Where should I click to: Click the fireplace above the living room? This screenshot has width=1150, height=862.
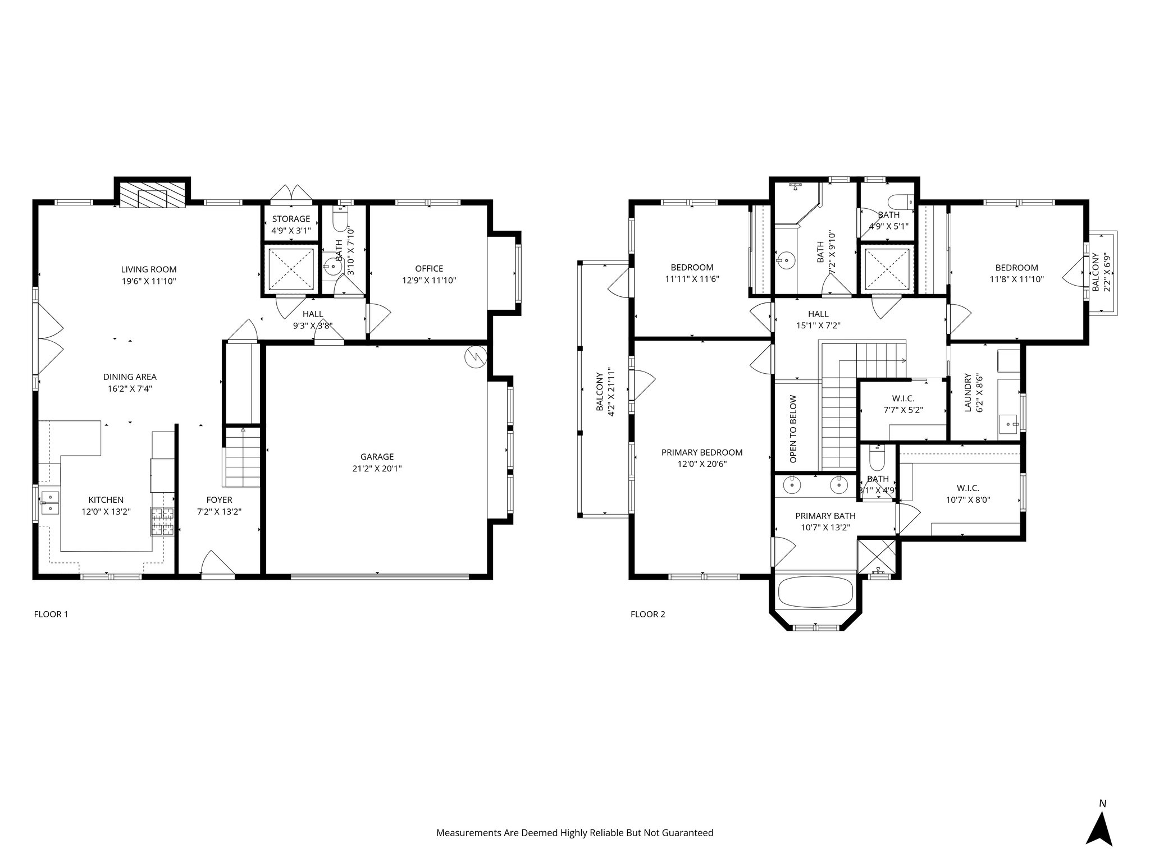click(153, 194)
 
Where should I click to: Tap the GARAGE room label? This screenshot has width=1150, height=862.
click(377, 457)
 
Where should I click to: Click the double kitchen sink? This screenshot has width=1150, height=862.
click(51, 503)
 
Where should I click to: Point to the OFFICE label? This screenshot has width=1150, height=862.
click(429, 269)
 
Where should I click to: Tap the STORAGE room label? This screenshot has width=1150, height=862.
click(291, 219)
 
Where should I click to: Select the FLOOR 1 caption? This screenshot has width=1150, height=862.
click(51, 614)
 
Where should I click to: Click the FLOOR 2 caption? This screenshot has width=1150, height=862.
click(647, 614)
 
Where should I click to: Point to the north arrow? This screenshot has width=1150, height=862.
click(1099, 829)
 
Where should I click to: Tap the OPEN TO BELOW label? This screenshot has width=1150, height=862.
click(793, 429)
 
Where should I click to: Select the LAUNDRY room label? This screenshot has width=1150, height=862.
click(968, 393)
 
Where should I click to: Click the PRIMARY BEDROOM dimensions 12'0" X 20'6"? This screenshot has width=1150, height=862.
click(702, 464)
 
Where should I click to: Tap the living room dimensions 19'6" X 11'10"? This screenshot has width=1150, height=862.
click(149, 281)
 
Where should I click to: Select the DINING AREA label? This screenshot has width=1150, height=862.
click(130, 377)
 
